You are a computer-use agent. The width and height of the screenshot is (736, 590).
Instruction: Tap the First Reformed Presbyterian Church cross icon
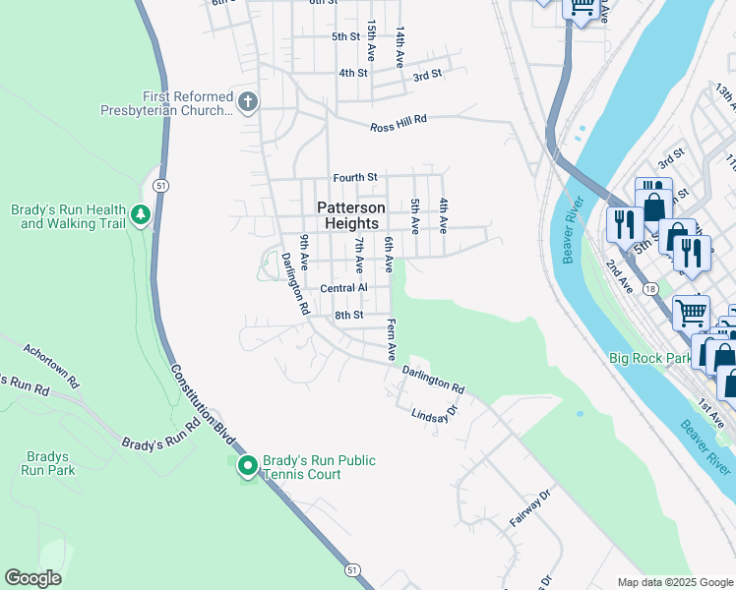coord(248,101)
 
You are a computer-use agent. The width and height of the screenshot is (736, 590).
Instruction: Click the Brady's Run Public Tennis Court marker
coord(247,465)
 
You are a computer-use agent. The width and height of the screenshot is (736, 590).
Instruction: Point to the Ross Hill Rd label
coord(399,124)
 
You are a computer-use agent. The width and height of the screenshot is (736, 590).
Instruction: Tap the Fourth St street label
coord(354,177)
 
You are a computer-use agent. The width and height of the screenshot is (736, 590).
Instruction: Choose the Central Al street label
coord(343,288)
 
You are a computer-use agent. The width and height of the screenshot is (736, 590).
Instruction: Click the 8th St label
coord(348,315)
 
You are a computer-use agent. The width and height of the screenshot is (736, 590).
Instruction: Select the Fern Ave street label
coord(391,338)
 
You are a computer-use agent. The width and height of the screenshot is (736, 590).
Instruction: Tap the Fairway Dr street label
coord(526,511)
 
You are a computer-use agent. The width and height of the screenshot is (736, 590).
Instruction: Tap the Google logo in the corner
coord(32,578)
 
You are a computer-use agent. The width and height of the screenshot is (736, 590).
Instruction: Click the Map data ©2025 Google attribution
coord(674,582)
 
